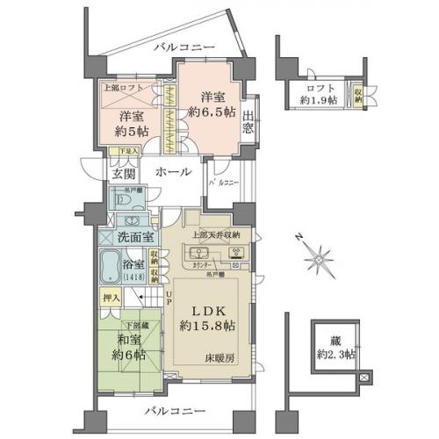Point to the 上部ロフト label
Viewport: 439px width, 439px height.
pyautogui.click(x=119, y=89)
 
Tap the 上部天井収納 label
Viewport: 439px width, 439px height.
pyautogui.click(x=224, y=235)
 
